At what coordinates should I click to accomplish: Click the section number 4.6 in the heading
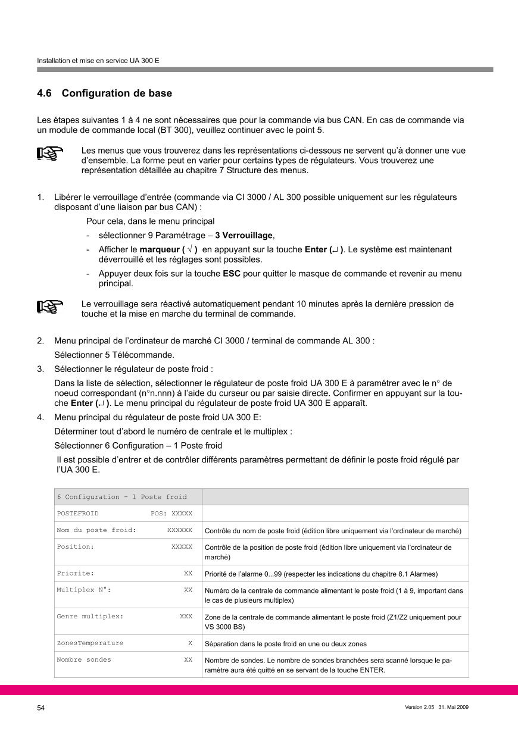pyautogui.click(x=45, y=93)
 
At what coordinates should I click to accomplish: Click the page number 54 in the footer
pyautogui.click(x=40, y=708)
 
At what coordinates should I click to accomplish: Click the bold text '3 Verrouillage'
pyautogui.click(x=244, y=235)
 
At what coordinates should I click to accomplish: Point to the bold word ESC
pyautogui.click(x=231, y=274)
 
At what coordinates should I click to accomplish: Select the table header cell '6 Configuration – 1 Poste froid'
pyautogui.click(x=121, y=497)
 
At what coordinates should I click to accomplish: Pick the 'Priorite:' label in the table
pyautogui.click(x=75, y=573)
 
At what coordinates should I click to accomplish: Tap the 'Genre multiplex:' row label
pyautogui.click(x=90, y=617)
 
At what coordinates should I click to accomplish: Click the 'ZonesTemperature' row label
pyautogui.click(x=90, y=643)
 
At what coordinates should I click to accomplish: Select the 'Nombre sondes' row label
pyautogui.click(x=83, y=659)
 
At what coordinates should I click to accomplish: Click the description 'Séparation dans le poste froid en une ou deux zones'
pyautogui.click(x=286, y=644)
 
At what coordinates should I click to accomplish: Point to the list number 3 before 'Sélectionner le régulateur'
pyautogui.click(x=40, y=368)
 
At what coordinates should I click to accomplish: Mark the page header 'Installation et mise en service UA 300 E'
pyautogui.click(x=98, y=61)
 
